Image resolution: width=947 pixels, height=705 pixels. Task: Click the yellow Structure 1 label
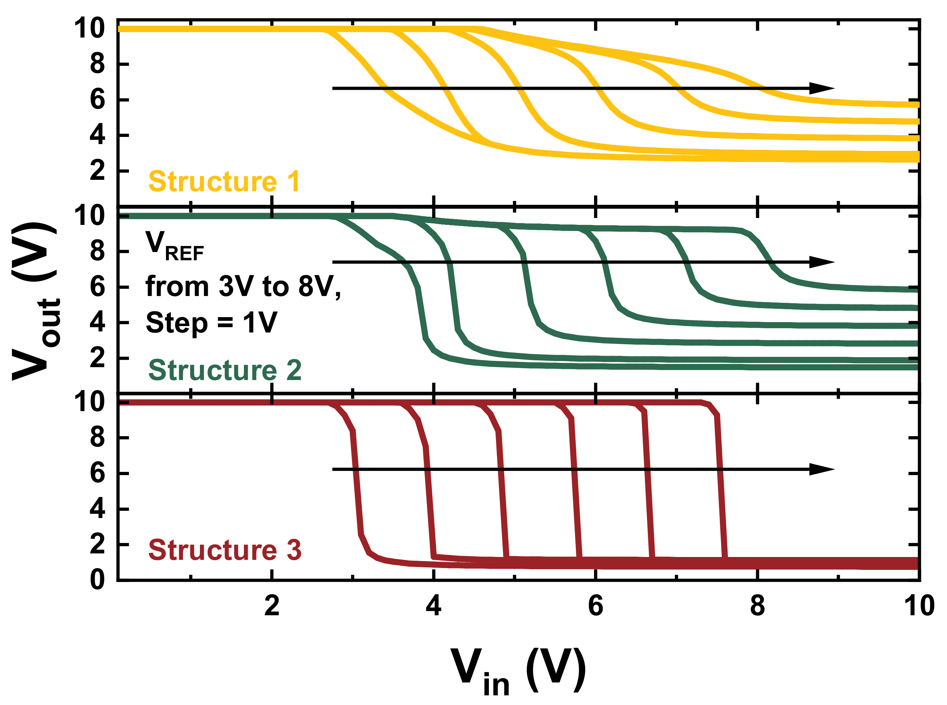[x=224, y=182]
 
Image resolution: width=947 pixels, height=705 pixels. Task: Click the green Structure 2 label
[x=225, y=370]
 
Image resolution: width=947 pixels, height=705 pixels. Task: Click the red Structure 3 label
[x=225, y=550]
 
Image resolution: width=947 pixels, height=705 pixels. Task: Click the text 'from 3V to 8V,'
[x=243, y=286]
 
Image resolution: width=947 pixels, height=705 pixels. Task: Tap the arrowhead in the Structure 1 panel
[x=821, y=88]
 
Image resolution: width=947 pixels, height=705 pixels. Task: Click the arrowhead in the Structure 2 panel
[x=821, y=262]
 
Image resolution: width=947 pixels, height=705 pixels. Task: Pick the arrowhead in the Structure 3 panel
[x=821, y=469]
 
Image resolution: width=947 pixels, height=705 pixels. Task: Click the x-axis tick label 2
[x=271, y=606]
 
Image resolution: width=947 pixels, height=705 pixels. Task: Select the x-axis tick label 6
[x=595, y=606]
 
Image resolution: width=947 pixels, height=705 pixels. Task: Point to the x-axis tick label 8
[x=757, y=606]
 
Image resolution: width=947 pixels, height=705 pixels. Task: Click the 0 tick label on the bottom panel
[x=97, y=580]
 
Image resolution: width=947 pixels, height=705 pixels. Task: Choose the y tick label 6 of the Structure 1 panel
[x=97, y=100]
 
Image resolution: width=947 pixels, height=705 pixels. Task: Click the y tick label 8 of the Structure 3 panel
[x=97, y=438]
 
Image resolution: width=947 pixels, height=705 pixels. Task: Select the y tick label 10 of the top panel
[x=90, y=29]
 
